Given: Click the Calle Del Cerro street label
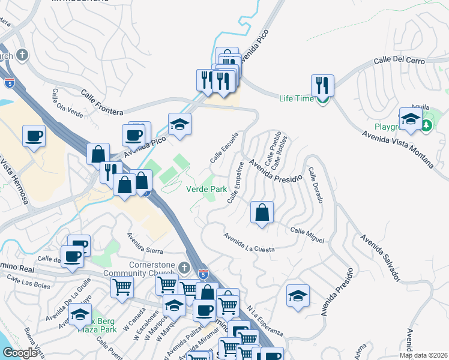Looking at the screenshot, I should click(399, 61).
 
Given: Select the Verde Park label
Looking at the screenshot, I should click(206, 189).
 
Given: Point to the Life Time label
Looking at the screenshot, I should click(297, 98).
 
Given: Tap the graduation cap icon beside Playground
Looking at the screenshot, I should click(411, 118).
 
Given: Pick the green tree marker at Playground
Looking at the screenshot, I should click(427, 125).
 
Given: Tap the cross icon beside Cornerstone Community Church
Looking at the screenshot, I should click(184, 266).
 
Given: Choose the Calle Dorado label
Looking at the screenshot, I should click(316, 185).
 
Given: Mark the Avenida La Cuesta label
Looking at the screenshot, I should click(249, 243).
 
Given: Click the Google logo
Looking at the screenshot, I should click(20, 353).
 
